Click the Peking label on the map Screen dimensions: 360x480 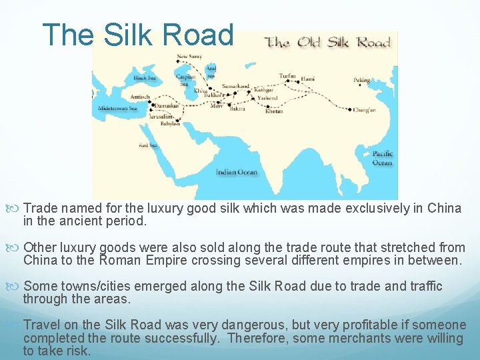[361, 80]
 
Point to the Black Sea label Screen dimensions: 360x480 [145, 78]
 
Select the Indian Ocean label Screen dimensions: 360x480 [236, 172]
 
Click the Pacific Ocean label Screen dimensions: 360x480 [382, 158]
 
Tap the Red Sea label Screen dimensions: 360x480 [148, 145]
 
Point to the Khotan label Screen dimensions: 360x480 [274, 111]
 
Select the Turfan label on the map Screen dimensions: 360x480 [287, 76]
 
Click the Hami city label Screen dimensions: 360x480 [307, 79]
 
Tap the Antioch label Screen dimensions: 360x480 [140, 96]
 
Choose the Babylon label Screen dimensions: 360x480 [170, 123]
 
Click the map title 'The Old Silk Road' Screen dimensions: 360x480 [328, 43]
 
